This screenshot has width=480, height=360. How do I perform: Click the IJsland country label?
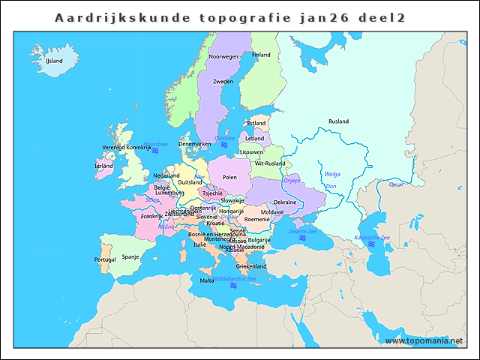54,61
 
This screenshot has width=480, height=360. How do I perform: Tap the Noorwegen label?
223,57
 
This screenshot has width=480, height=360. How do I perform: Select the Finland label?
261,55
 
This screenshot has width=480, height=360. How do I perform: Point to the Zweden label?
223,82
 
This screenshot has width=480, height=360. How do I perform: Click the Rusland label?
338,121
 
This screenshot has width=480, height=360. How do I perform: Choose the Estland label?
256,123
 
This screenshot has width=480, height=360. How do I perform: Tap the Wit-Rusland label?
270,163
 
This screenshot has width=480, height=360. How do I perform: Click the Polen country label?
229,177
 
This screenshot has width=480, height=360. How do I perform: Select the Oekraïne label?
284,202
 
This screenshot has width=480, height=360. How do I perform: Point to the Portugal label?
105,259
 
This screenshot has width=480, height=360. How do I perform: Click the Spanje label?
130,256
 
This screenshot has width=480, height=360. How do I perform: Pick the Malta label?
206,280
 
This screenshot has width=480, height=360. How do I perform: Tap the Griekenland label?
251,266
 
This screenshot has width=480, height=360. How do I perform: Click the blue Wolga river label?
332,174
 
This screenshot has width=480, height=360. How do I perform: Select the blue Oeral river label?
396,184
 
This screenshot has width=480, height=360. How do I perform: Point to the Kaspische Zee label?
372,238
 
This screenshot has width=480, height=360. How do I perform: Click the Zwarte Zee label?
303,232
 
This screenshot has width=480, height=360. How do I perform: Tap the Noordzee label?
155,144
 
